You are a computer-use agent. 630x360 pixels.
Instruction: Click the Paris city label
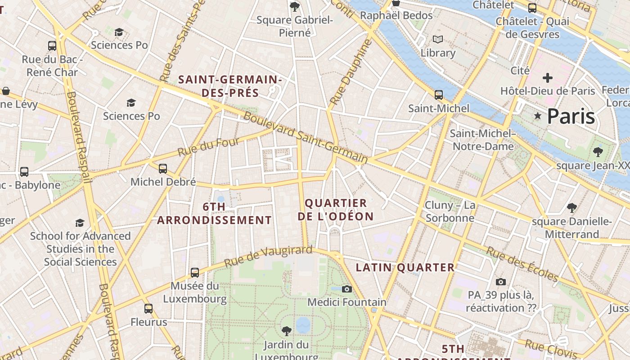pos(571,116)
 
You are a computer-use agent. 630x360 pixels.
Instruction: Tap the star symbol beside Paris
pos(537,116)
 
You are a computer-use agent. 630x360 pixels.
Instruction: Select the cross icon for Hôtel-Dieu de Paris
pos(547,78)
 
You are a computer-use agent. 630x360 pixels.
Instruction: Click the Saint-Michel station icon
pos(438,95)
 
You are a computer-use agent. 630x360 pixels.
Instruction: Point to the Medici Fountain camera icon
pos(346,289)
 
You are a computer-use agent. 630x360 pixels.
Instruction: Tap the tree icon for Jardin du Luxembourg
pos(286,331)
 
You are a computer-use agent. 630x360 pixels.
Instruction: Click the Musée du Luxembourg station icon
pos(194,272)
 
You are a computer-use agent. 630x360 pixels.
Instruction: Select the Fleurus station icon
pos(148,309)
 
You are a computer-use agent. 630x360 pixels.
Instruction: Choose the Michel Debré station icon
pos(163,169)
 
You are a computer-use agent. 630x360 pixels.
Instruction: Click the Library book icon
pos(438,39)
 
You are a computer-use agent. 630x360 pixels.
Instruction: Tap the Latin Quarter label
pos(405,268)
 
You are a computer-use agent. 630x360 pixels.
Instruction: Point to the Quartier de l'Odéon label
pos(336,210)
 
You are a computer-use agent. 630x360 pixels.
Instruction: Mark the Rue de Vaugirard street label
pos(268,256)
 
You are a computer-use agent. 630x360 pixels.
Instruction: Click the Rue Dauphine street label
pos(351,72)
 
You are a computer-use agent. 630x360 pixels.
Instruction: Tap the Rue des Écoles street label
pos(522,264)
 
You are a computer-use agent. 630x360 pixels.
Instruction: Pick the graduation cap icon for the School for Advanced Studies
pos(80,223)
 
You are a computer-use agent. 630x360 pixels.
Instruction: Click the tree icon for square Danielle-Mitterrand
pos(571,208)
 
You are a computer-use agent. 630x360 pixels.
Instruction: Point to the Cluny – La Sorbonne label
pos(450,211)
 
